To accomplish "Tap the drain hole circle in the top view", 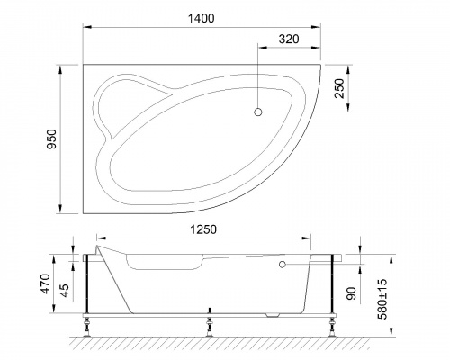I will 259,112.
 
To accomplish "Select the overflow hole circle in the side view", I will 283,265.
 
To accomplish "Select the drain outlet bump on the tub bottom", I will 275,314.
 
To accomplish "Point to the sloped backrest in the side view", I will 114,279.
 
